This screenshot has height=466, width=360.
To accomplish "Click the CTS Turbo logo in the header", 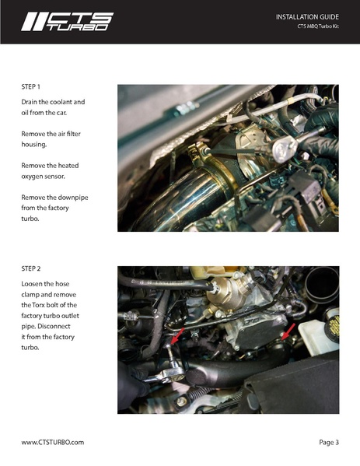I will point(67,22).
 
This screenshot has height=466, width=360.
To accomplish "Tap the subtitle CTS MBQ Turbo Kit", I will point(318,26).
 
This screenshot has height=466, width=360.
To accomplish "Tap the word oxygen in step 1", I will point(34,176).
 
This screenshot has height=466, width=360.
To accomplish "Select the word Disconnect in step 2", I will point(65,327).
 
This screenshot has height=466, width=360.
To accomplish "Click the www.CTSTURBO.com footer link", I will point(53,442).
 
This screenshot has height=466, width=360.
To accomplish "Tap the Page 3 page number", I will point(329,442).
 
